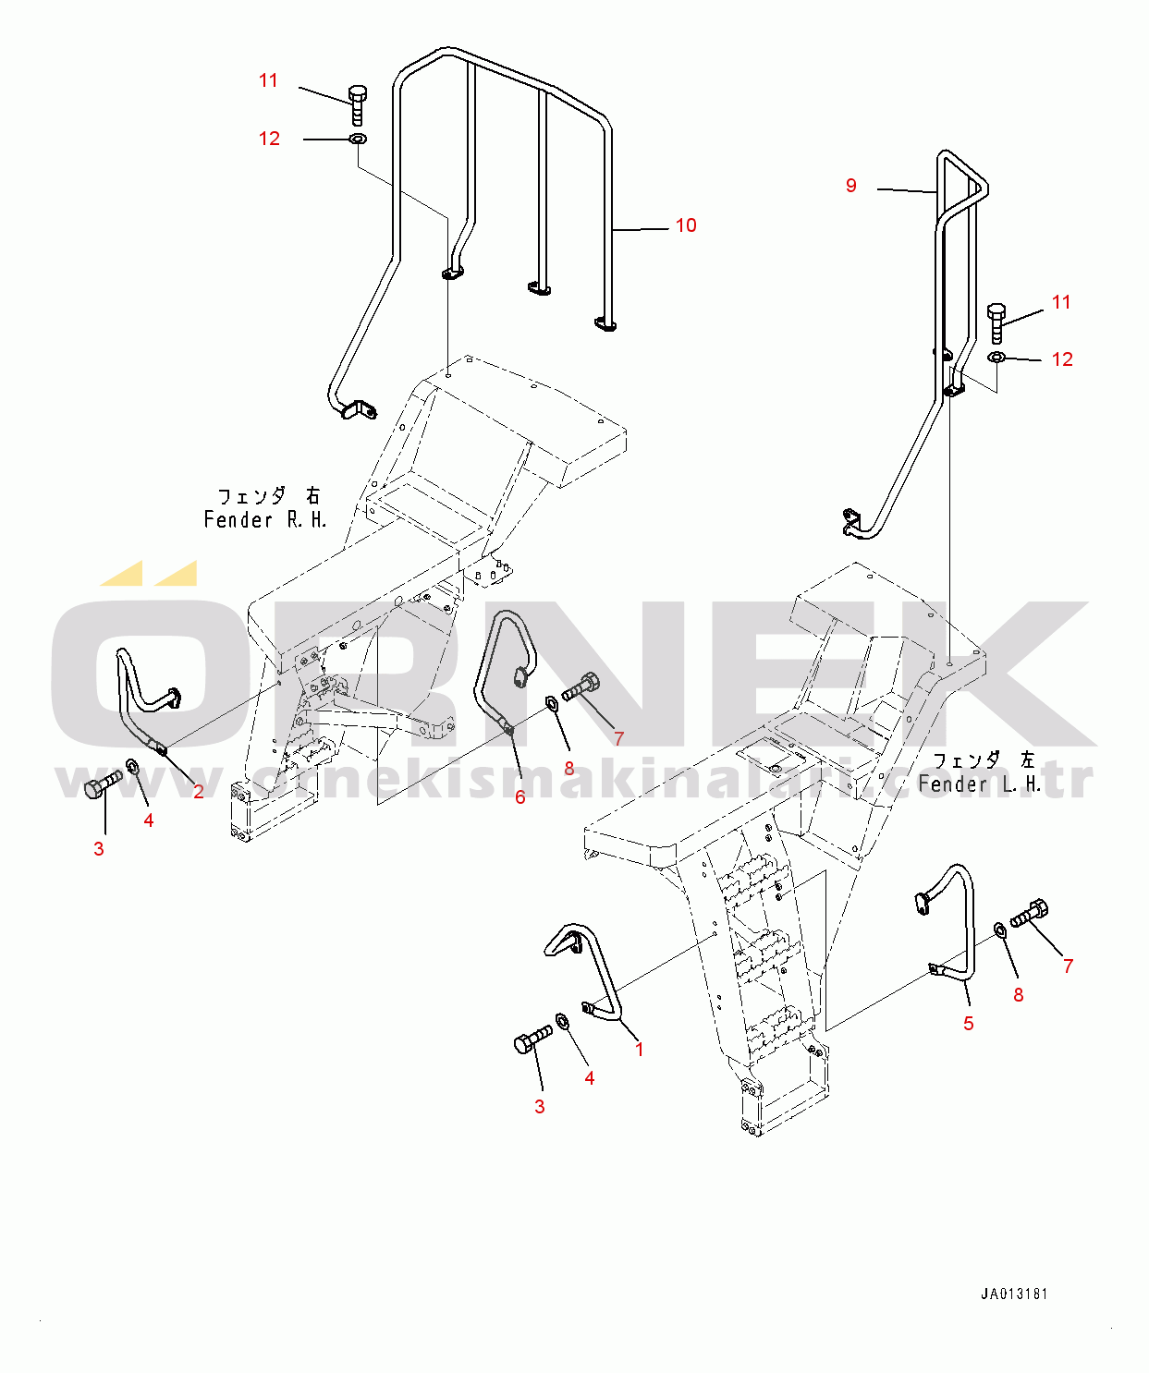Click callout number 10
point(686,225)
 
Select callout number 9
point(851,186)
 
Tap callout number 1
point(639,1050)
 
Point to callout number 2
point(199,792)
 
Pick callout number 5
point(969,1024)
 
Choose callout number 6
point(520,797)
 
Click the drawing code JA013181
point(1014,1294)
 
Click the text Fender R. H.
point(265,520)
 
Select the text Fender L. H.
point(980,784)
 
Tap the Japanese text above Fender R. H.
point(268,497)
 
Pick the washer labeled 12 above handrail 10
point(357,140)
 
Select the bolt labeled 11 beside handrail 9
point(996,320)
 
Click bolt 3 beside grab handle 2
point(102,784)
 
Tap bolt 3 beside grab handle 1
point(532,1039)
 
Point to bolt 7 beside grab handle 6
point(581,688)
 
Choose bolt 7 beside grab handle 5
point(1029,914)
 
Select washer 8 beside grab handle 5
point(1002,929)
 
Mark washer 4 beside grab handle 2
point(131,767)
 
